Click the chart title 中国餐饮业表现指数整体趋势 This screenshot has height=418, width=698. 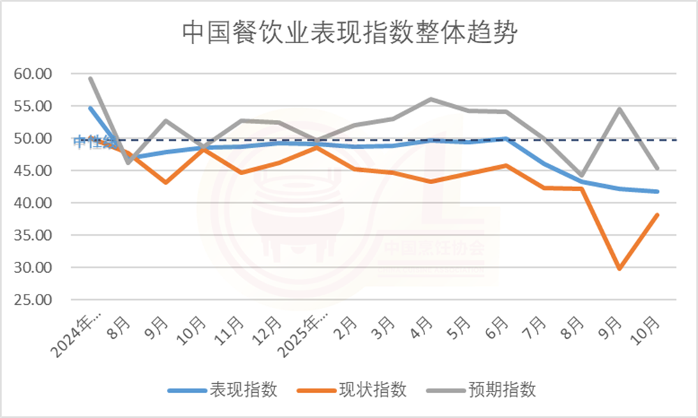click(348, 32)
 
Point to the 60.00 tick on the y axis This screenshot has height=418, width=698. click(34, 74)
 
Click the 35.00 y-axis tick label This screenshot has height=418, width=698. click(34, 235)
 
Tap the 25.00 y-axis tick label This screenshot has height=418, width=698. click(34, 300)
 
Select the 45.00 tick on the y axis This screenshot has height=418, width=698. click(34, 171)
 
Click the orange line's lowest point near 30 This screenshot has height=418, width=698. click(618, 268)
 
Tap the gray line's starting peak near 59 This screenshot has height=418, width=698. click(91, 79)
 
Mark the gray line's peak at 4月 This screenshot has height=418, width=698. click(431, 99)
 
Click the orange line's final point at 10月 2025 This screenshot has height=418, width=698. click(657, 215)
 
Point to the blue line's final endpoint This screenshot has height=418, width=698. click(657, 191)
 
